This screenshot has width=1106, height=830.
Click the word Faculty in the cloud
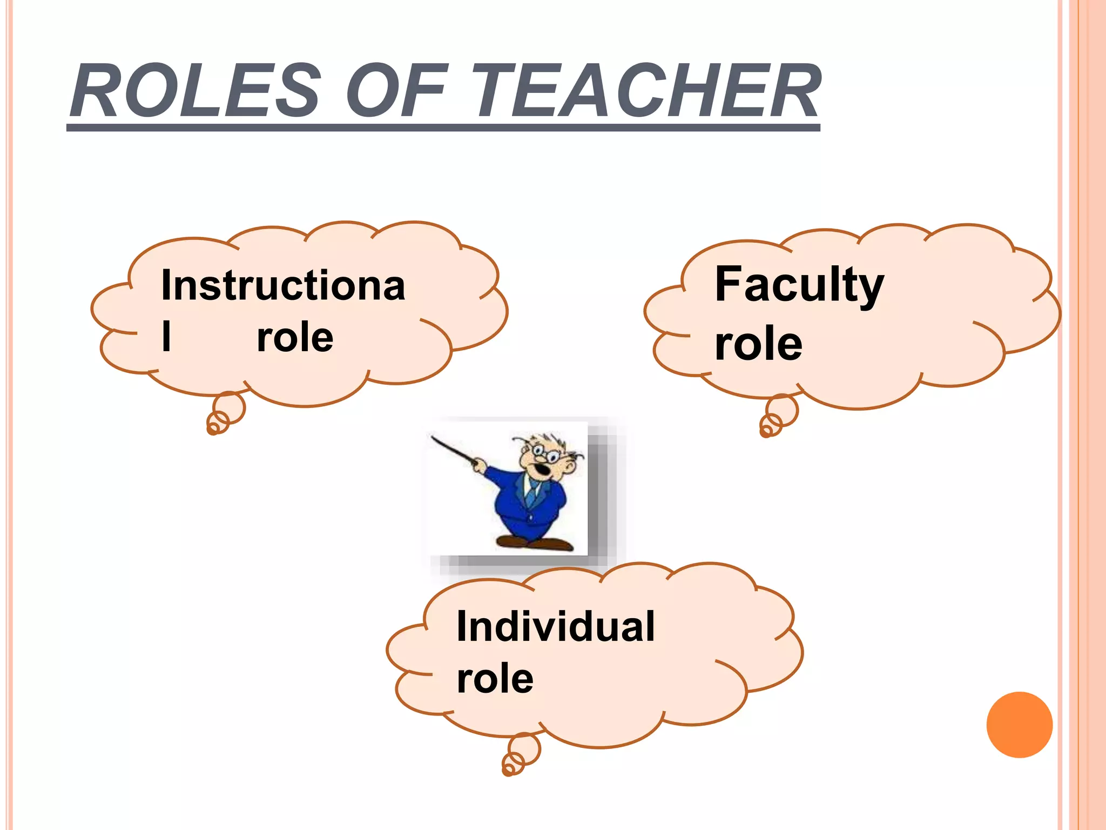click(x=799, y=285)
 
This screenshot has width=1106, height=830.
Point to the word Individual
click(x=556, y=627)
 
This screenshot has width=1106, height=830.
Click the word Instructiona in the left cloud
click(x=283, y=285)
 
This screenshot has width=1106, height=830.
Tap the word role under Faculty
click(x=759, y=344)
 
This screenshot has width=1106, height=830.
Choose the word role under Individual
click(x=495, y=679)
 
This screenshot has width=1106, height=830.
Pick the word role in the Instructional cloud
click(x=295, y=338)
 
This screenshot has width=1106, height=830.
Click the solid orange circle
click(x=1019, y=725)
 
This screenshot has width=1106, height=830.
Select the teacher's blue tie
click(x=532, y=492)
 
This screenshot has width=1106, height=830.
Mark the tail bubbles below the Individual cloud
click(x=520, y=754)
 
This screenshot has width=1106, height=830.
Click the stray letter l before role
click(x=166, y=337)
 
